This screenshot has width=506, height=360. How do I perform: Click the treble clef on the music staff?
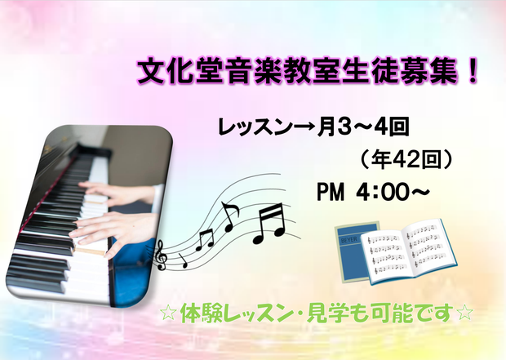click(161, 256)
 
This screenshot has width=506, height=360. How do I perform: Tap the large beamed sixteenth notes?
click(269, 224)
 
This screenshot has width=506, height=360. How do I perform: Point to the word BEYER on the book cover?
click(348, 239)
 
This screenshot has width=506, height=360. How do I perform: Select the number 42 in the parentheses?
click(404, 160)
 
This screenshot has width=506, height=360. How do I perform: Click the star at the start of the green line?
click(169, 313)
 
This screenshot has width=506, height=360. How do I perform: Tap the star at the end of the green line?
click(465, 313)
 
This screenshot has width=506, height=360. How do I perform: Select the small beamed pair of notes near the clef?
click(205, 239)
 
